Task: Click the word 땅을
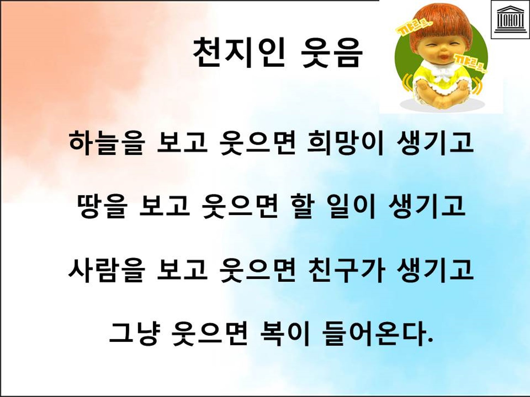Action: pos(102,207)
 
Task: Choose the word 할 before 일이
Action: pos(306,207)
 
